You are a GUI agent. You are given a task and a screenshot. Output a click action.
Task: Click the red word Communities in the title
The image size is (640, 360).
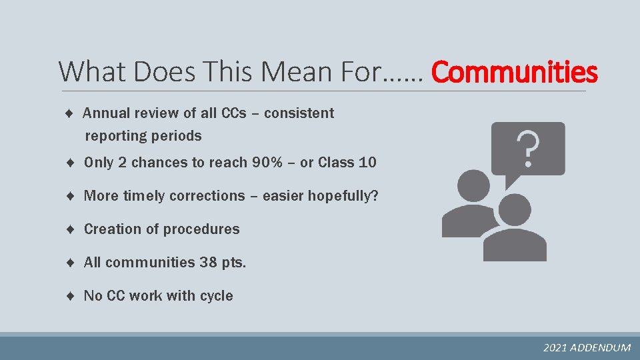(x=515, y=71)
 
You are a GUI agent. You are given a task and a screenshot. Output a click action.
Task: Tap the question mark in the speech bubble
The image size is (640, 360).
(x=527, y=149)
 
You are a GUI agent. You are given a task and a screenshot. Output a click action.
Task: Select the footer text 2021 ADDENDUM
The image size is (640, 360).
(x=587, y=347)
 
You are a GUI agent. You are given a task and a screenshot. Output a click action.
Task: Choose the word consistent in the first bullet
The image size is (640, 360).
(x=299, y=113)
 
